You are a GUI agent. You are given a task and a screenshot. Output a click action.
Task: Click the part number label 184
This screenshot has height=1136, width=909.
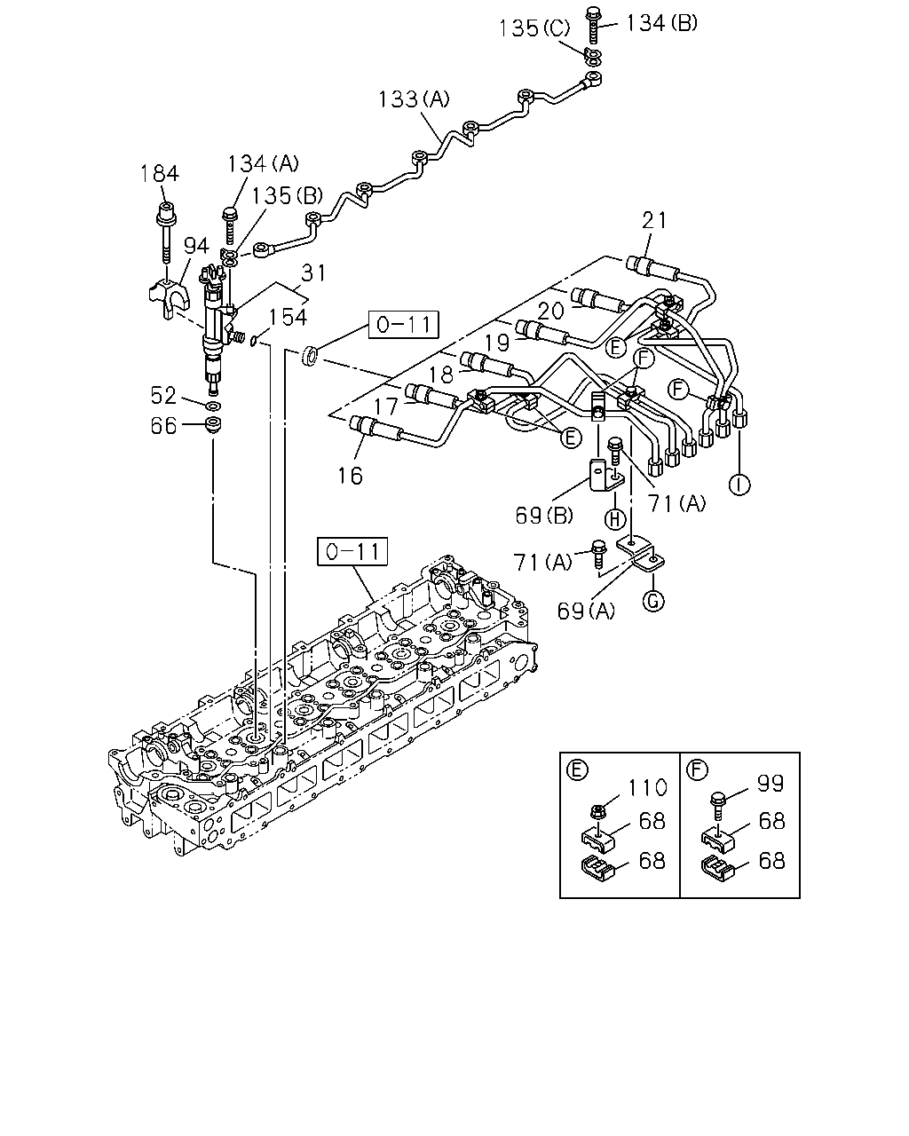160,173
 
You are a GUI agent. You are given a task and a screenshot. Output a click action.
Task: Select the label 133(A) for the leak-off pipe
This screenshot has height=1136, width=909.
414,99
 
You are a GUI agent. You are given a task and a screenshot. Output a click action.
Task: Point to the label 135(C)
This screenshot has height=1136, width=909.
534,28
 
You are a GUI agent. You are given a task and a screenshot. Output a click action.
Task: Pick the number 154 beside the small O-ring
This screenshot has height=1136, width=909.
288,317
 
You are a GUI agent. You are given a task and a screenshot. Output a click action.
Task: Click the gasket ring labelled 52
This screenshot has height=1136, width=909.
213,406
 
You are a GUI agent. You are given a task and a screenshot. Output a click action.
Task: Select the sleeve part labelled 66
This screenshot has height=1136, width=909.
213,425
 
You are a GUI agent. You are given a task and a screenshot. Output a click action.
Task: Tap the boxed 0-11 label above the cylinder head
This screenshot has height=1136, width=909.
352,552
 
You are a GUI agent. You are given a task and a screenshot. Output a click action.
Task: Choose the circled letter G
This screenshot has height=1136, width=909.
652,601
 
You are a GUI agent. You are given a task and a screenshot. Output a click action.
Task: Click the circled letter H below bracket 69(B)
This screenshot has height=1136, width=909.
615,519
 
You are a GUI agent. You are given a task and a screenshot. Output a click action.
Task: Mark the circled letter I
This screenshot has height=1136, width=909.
739,485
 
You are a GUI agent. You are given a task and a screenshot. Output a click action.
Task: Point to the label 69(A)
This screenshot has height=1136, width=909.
586,611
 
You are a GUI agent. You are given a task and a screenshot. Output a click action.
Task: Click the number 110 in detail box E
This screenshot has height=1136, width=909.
647,787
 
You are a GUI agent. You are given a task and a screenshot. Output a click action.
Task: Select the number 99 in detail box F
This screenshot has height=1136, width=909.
771,784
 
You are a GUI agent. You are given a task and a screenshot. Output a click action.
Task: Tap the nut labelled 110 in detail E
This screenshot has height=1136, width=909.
597,809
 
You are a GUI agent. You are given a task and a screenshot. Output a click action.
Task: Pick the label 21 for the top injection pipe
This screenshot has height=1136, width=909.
654,220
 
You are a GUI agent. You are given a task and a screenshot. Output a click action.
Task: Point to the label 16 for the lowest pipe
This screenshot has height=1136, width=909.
350,477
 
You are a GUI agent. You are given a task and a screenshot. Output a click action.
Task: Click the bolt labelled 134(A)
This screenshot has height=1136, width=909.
230,226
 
